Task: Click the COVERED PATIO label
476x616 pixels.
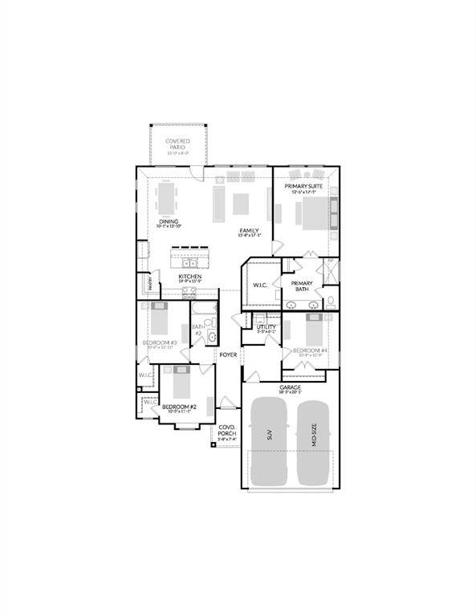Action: pos(177,144)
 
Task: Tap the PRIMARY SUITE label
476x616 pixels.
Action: pos(304,187)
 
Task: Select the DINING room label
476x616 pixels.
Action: pos(168,222)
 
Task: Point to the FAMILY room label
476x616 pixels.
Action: pos(248,231)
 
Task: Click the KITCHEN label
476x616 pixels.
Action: pos(189,278)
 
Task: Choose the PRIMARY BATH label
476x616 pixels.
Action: pos(302,286)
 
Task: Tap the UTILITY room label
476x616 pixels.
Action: pos(266,327)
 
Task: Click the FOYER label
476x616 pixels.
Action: pos(229,354)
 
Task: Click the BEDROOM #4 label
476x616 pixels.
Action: pos(309,351)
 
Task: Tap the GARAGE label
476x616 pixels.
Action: pos(290,387)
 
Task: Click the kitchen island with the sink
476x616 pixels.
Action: pos(191,259)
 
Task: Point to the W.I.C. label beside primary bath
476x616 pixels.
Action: pos(259,286)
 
